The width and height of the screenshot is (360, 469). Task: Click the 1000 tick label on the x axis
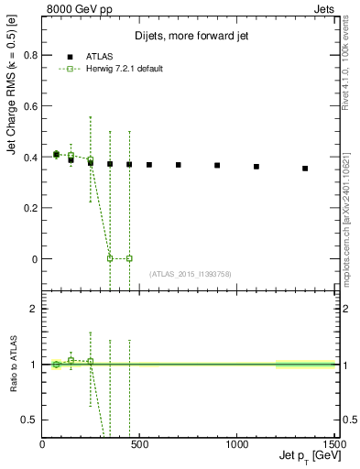point(236,445)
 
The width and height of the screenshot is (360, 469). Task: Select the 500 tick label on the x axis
point(139,445)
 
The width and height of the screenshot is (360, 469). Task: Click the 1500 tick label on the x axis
point(333,445)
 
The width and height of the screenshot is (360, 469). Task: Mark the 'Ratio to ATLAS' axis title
point(14,365)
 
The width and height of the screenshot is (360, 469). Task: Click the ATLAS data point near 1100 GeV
point(256,167)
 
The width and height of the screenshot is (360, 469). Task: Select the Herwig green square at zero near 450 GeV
point(129,258)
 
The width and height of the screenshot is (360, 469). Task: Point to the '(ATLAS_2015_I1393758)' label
point(190,274)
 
